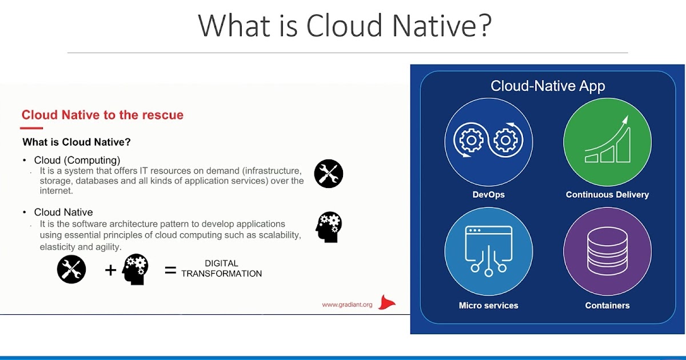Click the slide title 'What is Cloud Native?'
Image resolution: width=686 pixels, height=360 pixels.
(x=344, y=26)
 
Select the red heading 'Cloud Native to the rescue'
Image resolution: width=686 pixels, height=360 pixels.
(x=102, y=115)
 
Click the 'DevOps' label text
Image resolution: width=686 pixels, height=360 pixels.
(x=489, y=194)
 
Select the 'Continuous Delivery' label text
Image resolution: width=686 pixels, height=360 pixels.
(x=607, y=194)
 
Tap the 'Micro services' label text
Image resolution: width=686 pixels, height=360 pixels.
(x=489, y=305)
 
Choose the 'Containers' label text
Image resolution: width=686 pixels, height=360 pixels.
(x=607, y=305)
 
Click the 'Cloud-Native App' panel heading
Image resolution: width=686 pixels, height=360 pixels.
(x=548, y=86)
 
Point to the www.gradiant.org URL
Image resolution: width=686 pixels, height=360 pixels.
(x=347, y=305)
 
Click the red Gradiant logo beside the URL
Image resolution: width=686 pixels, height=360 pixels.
(x=388, y=303)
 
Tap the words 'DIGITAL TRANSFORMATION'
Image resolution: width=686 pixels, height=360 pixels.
(x=221, y=269)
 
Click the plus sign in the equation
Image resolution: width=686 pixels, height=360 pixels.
(x=110, y=270)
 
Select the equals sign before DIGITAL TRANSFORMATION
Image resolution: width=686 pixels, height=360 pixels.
(x=170, y=270)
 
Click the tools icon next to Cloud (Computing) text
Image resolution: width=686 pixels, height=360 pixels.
(x=329, y=174)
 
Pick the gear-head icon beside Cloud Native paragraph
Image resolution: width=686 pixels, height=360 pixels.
(x=329, y=227)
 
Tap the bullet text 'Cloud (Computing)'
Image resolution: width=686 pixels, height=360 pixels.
(x=77, y=160)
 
